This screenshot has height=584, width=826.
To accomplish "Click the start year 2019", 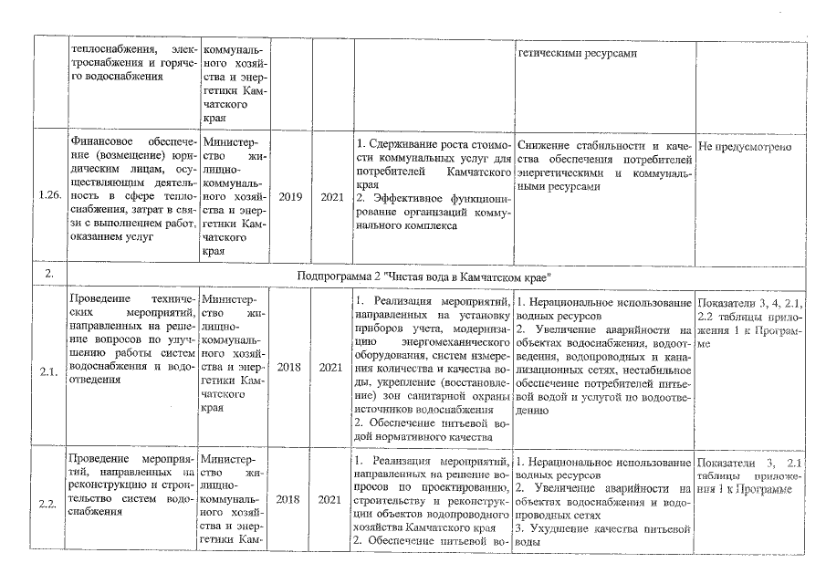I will [x=289, y=196].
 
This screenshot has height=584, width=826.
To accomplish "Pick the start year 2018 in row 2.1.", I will [x=289, y=370].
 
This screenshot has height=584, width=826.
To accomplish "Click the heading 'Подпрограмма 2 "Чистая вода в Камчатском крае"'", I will [x=428, y=276].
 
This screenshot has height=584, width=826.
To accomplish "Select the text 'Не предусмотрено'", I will [x=744, y=146].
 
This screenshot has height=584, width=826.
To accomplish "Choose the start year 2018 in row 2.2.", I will [x=289, y=500].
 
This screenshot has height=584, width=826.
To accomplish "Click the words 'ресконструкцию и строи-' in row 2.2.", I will [x=130, y=485].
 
